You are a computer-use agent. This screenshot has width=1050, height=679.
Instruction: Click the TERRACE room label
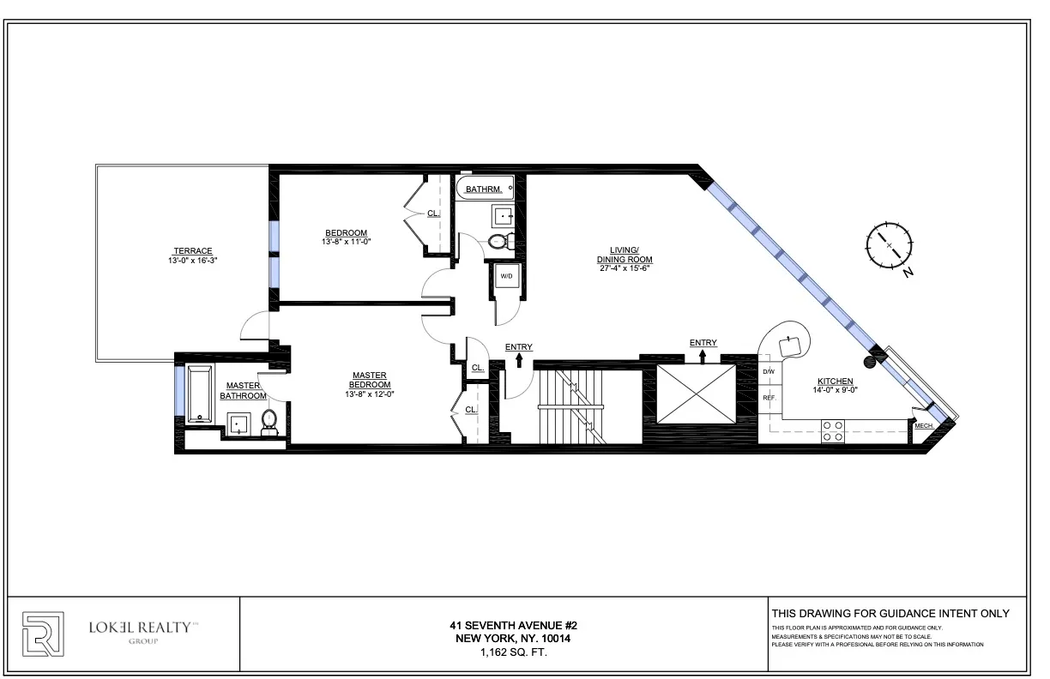(190, 251)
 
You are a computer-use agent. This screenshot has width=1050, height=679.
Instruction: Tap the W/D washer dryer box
(506, 276)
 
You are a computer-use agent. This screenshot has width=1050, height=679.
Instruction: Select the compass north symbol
(890, 246)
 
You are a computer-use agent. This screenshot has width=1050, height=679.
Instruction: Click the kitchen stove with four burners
(832, 430)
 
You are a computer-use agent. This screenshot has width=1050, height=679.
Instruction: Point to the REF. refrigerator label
(769, 398)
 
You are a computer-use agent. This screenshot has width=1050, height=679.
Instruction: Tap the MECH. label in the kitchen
(925, 426)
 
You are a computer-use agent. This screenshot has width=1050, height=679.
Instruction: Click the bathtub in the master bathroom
(200, 394)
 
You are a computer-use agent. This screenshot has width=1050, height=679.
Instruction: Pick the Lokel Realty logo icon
(42, 634)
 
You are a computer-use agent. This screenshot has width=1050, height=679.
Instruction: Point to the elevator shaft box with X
(697, 394)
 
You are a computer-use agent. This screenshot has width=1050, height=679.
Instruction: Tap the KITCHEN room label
(835, 381)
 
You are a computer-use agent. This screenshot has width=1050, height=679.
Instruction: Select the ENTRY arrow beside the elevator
(703, 354)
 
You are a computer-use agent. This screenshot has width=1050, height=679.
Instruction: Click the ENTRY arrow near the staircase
(518, 360)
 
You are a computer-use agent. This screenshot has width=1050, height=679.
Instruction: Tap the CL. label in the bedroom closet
(433, 213)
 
